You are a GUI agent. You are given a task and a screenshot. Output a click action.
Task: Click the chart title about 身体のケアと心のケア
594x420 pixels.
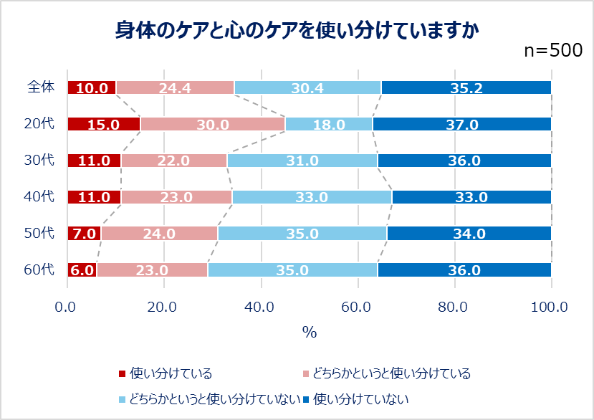(x=297, y=29)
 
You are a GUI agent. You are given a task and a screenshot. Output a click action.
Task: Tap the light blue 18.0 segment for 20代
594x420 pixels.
(x=329, y=124)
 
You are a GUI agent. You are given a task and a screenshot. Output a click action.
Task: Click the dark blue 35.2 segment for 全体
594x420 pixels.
(x=466, y=87)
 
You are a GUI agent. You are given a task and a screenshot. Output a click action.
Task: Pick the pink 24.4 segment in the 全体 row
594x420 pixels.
(x=175, y=87)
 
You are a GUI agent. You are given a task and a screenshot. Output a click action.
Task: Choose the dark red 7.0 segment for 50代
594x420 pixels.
(x=84, y=233)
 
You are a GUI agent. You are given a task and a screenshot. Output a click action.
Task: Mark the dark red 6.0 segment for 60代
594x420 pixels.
(x=82, y=269)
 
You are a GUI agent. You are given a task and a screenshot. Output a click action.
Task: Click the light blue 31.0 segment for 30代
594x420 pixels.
(x=302, y=161)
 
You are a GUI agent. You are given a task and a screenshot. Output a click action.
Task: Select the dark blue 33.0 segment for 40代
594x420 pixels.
(x=471, y=196)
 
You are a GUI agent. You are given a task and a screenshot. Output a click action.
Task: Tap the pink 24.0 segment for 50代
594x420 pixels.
(x=159, y=233)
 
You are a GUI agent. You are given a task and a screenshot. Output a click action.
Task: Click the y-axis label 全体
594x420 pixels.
(x=40, y=87)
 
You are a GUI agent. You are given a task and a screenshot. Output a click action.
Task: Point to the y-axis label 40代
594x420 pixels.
(x=39, y=196)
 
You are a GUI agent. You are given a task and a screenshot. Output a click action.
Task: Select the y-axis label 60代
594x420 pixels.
(x=39, y=269)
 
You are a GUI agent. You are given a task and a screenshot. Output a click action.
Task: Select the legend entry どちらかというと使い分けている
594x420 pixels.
(x=386, y=373)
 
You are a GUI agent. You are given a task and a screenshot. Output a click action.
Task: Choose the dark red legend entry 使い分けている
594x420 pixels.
(x=164, y=373)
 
